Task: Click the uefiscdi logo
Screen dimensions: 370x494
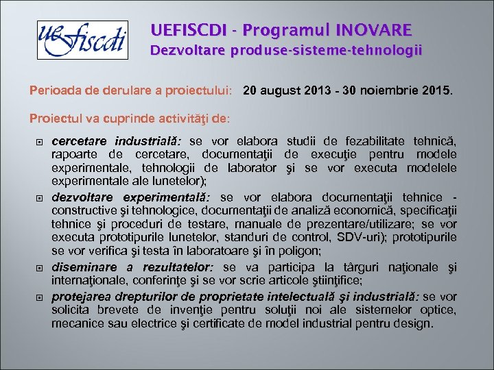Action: point(82,40)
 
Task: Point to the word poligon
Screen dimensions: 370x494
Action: point(303,251)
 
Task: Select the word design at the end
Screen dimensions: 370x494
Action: point(415,323)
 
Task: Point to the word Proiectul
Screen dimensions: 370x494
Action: point(56,118)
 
